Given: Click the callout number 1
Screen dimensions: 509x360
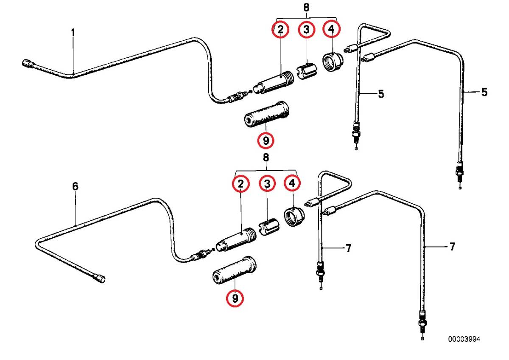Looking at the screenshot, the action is click(73, 33).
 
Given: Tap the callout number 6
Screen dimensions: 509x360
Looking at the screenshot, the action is click(75, 186).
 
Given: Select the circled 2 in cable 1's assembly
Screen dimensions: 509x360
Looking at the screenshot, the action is click(281, 29).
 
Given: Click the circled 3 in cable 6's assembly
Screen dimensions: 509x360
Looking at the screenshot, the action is click(267, 183).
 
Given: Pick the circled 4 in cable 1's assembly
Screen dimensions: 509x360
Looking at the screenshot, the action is click(332, 29).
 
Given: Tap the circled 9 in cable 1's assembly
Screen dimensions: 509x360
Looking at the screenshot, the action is click(266, 141).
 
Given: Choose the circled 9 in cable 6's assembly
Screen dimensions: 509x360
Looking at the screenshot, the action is click(235, 298).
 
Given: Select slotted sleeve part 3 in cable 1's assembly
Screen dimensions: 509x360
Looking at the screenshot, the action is click(307, 71).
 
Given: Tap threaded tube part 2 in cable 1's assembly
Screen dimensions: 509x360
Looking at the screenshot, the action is click(274, 82).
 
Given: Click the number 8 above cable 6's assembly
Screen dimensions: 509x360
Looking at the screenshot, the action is click(266, 157).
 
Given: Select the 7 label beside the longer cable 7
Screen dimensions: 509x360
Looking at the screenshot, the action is click(453, 247).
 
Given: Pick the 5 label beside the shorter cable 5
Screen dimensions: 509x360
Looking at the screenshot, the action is click(381, 94).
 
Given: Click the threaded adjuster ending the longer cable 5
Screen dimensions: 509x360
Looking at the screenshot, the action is click(459, 174).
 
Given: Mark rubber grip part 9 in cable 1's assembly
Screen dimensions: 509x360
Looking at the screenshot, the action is click(266, 114).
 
